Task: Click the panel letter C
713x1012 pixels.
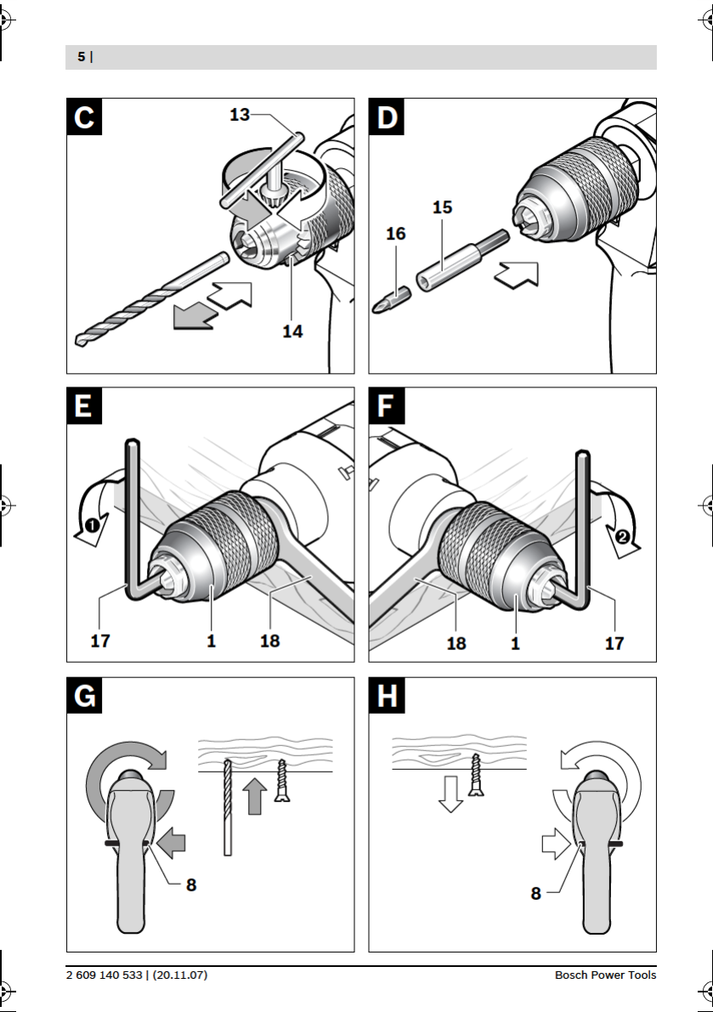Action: coord(84,116)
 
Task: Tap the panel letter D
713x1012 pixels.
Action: coord(386,116)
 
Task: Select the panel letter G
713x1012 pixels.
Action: coord(84,696)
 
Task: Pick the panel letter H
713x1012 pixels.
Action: coord(386,696)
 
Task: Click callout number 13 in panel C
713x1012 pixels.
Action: coord(240,114)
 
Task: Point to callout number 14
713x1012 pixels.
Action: coord(292,331)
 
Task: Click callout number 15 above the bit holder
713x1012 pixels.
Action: coord(442,206)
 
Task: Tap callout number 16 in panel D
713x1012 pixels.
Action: coord(396,233)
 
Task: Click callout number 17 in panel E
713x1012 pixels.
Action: coord(100,642)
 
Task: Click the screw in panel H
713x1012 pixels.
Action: coord(476,774)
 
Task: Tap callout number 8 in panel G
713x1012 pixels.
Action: coord(191,885)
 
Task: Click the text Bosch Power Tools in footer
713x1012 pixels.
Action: coord(605,975)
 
